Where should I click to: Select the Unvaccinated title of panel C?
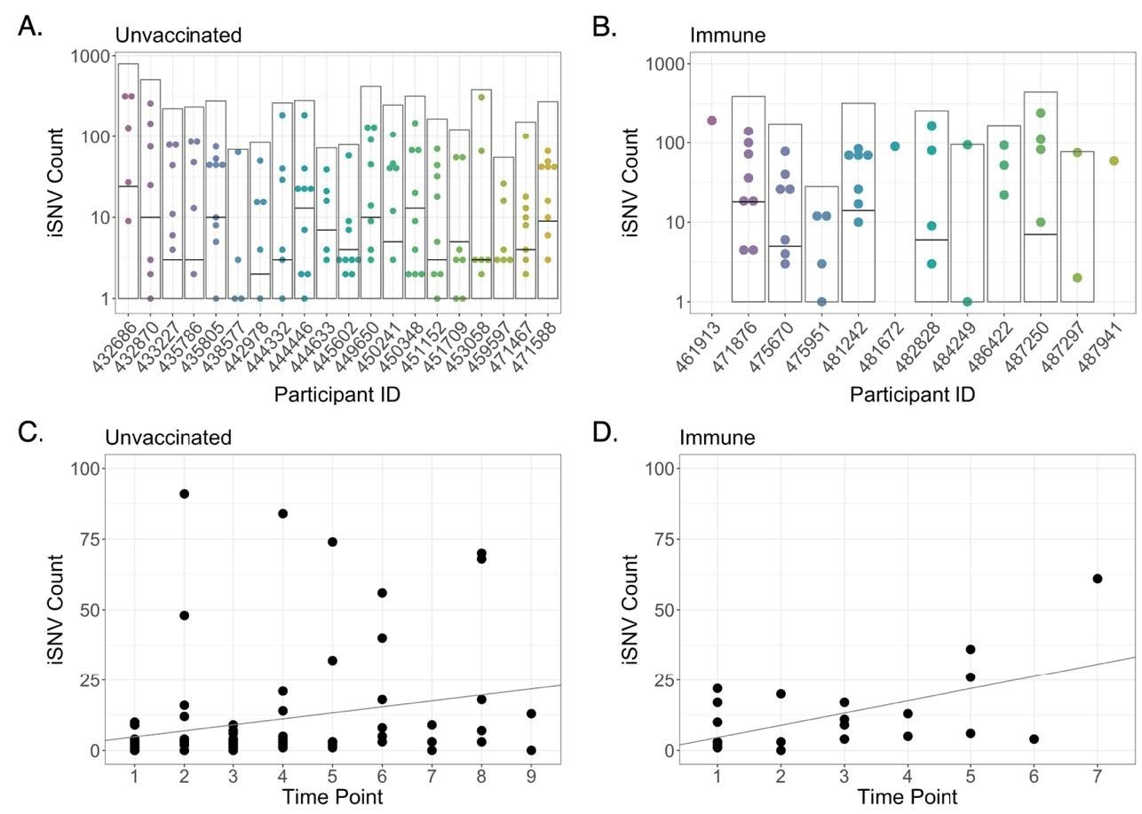168,437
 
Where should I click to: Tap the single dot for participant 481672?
895,146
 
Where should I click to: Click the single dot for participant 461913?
711,121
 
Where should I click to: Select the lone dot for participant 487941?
1114,161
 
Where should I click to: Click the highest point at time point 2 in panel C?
184,494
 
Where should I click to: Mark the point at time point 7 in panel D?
1098,579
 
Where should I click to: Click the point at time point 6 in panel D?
1034,739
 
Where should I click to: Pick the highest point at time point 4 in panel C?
283,513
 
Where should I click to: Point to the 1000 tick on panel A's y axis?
90,56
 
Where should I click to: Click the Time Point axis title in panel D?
907,797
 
